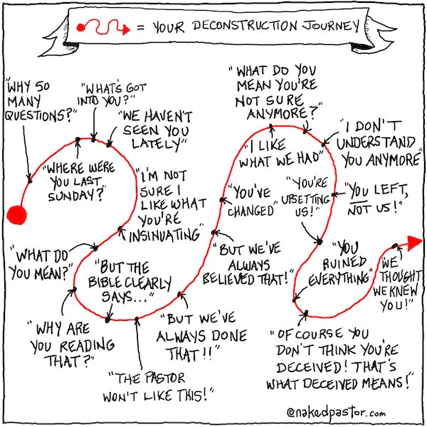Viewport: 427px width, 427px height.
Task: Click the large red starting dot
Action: tap(16, 215)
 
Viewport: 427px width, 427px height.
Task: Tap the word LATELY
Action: tap(152, 145)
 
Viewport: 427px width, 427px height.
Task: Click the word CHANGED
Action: tap(251, 211)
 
